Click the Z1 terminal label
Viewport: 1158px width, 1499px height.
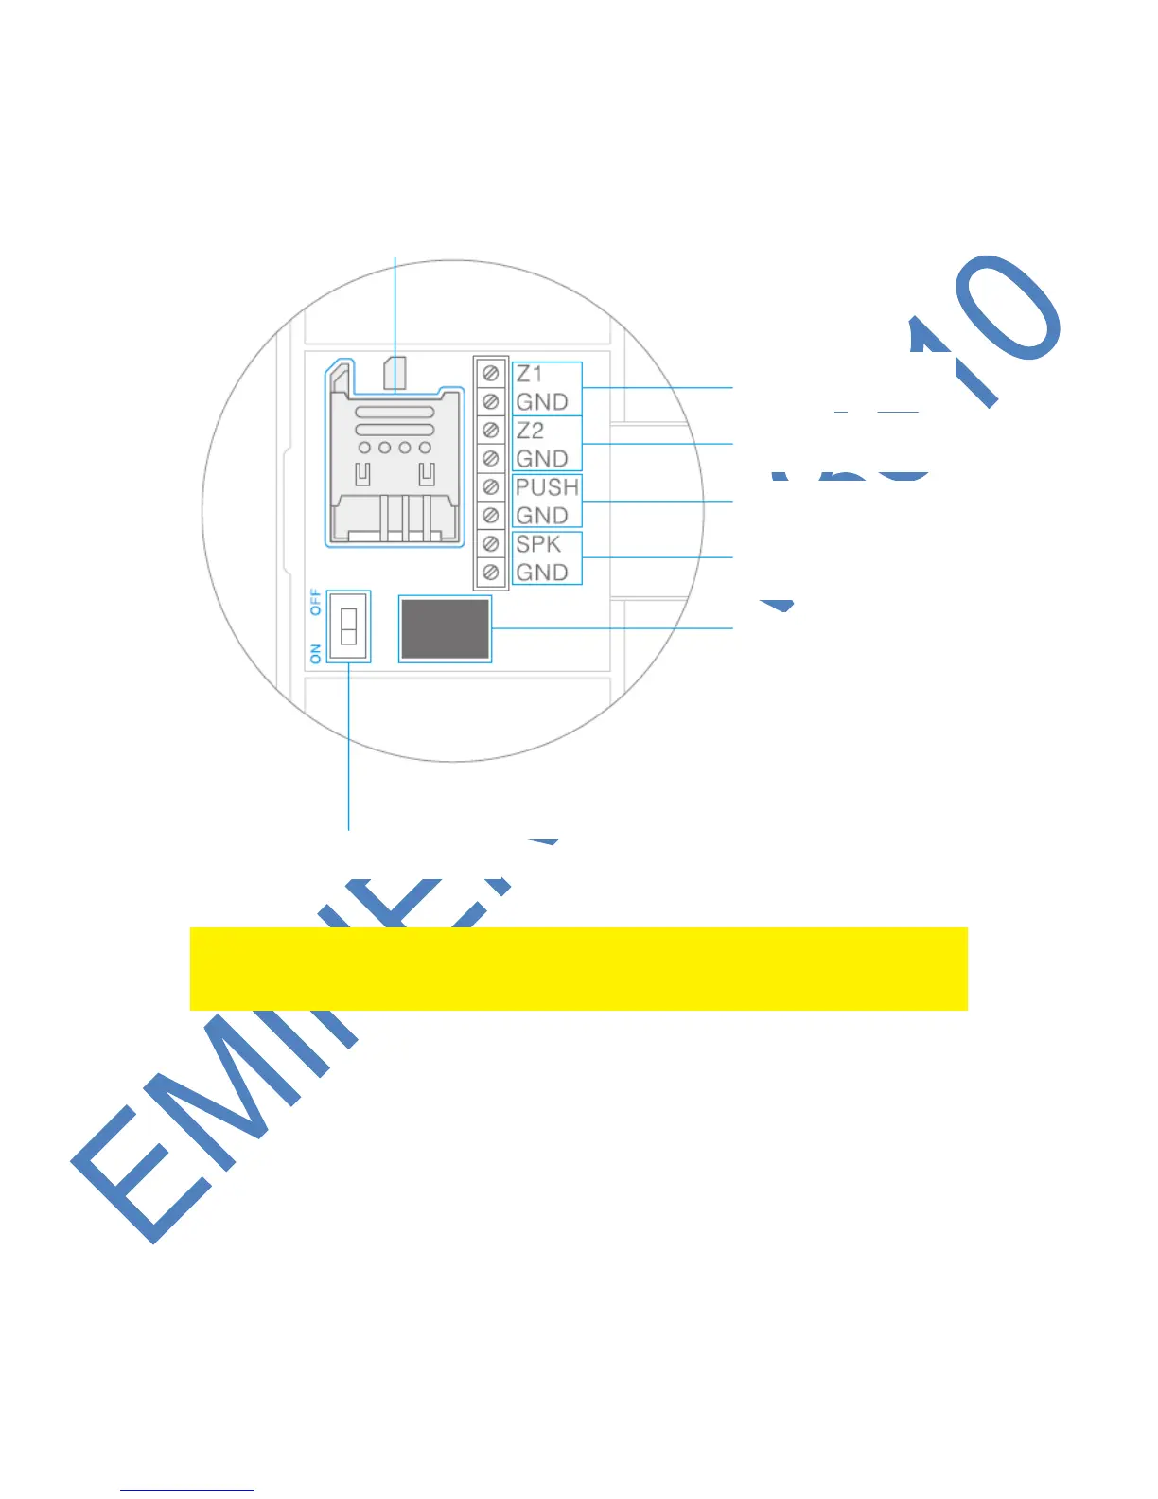(530, 374)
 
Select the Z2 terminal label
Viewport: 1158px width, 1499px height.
(530, 431)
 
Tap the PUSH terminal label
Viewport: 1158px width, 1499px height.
(546, 487)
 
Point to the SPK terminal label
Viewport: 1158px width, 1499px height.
(538, 544)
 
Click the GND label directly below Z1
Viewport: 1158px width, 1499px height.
(542, 402)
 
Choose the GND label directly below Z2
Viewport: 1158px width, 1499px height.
(542, 459)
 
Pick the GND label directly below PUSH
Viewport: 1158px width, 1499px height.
(542, 516)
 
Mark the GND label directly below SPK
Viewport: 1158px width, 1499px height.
(542, 573)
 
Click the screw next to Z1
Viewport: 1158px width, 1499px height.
(490, 374)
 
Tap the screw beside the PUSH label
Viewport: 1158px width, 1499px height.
(490, 487)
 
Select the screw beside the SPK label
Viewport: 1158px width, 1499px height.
(490, 544)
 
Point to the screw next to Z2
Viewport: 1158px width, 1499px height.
(490, 431)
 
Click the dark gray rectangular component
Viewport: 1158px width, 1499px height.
(445, 628)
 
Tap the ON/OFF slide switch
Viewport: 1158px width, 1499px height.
(348, 626)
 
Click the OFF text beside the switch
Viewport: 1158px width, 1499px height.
(316, 603)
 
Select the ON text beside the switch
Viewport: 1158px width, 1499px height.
(316, 652)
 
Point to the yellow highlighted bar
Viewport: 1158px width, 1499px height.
(578, 968)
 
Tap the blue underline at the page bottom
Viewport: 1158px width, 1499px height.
(187, 1490)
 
